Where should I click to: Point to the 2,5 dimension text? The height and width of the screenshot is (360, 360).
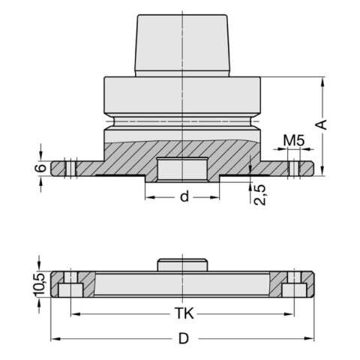point(260,193)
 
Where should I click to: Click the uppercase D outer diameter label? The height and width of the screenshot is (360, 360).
point(182,339)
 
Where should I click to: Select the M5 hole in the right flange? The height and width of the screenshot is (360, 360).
point(294,168)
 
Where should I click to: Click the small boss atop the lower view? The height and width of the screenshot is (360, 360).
point(181,265)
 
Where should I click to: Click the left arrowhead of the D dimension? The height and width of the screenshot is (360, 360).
point(54,339)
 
